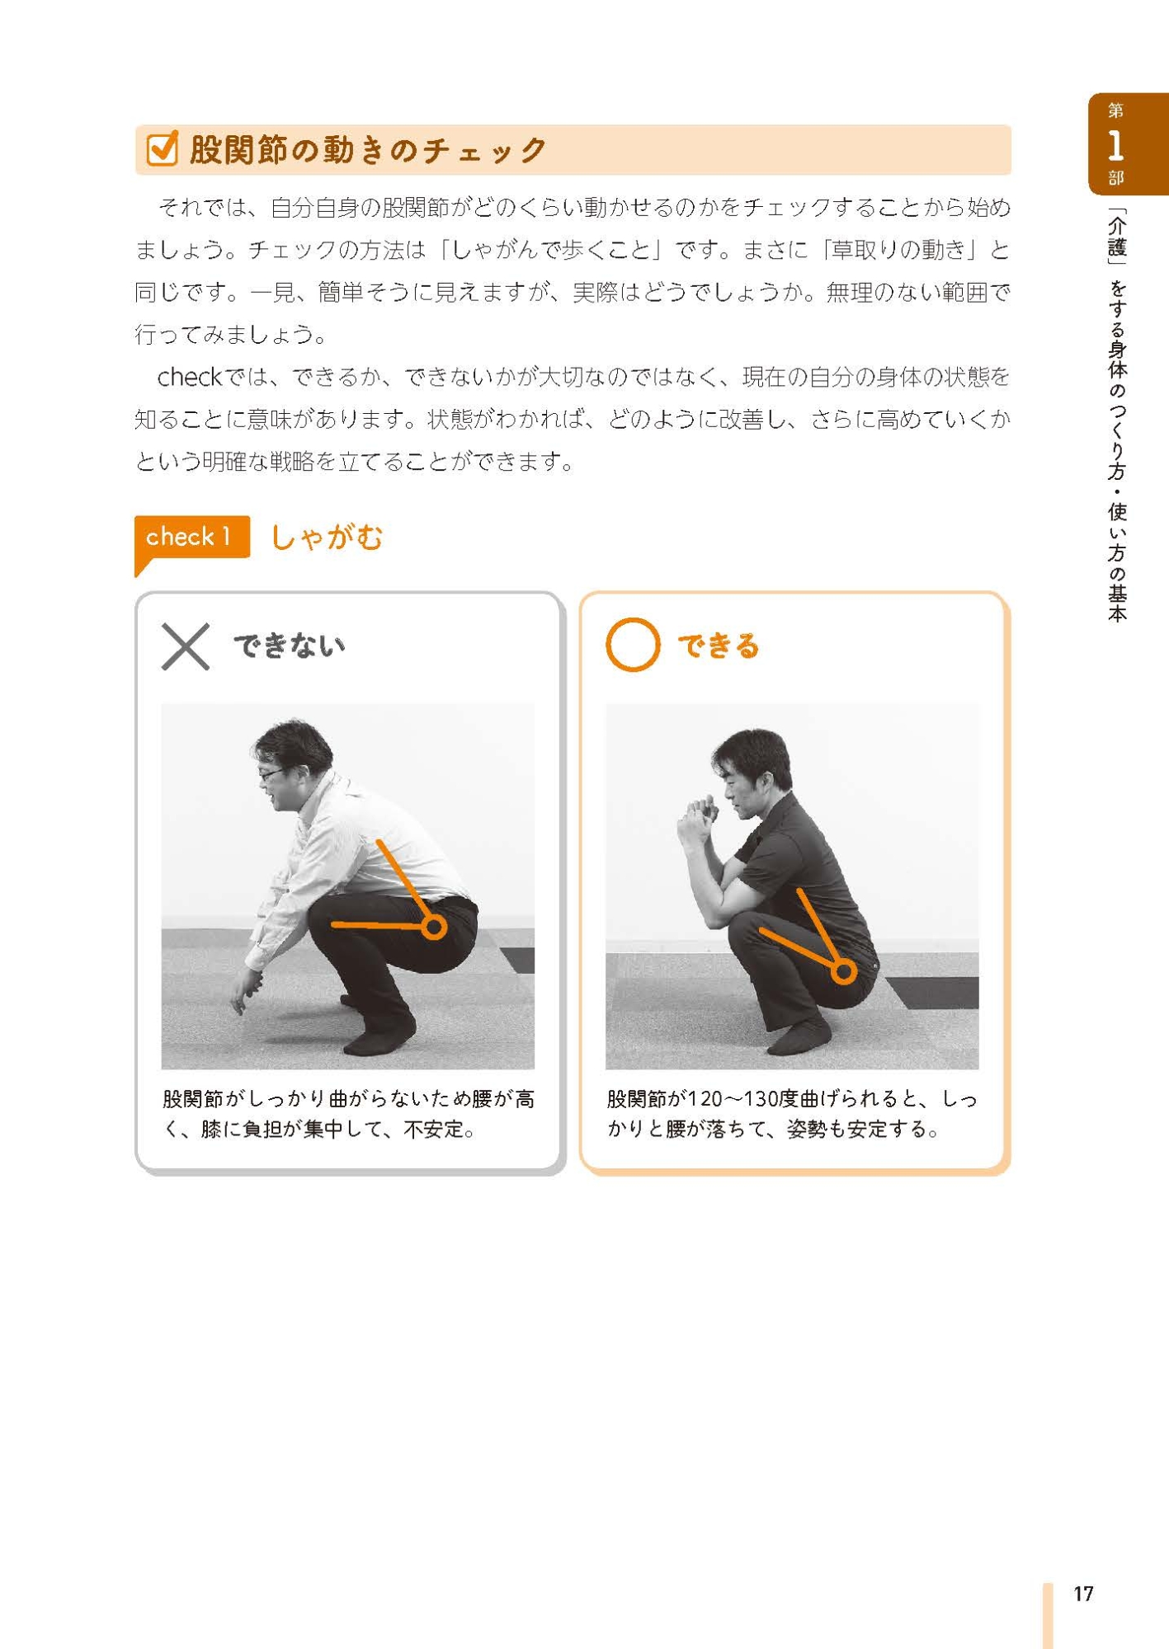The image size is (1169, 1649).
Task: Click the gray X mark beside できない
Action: click(186, 646)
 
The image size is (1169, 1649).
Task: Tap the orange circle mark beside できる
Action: click(633, 645)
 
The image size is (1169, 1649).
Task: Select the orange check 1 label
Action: click(191, 538)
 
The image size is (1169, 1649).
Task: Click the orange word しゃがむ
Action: click(327, 538)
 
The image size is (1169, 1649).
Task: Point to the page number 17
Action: click(1083, 1594)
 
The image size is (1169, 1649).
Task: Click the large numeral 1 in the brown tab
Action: click(1115, 146)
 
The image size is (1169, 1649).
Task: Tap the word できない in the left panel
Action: click(289, 646)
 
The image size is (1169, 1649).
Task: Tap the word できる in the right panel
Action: click(718, 646)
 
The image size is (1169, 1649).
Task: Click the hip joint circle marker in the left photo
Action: click(434, 928)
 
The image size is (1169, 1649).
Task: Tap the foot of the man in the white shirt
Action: click(379, 1040)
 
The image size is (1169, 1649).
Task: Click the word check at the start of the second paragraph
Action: click(189, 377)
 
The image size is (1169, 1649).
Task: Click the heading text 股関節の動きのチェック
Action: click(368, 149)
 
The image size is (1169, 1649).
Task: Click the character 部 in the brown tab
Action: click(1115, 177)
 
